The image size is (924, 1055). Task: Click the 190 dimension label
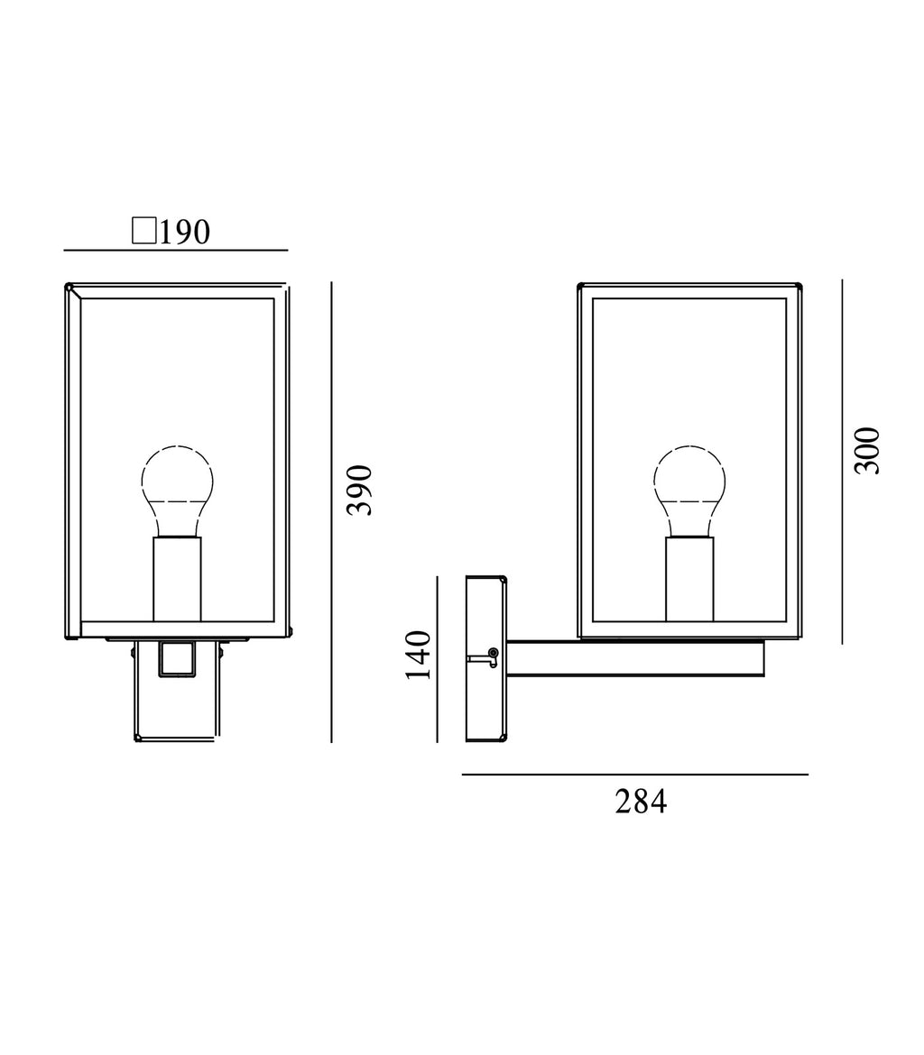[x=184, y=232]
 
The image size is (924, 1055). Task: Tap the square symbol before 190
[x=144, y=231]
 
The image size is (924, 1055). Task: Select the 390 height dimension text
[x=360, y=490]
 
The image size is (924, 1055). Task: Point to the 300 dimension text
[x=867, y=451]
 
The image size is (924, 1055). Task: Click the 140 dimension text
[x=418, y=655]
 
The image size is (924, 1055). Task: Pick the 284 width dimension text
[x=641, y=802]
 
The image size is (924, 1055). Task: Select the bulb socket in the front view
[x=177, y=578]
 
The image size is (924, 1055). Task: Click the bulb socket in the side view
[x=689, y=578]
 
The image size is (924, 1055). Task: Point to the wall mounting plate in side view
[x=485, y=658]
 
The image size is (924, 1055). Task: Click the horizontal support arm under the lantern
[x=635, y=658]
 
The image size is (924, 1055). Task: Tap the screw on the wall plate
[x=493, y=653]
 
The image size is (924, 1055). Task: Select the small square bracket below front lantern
[x=177, y=658]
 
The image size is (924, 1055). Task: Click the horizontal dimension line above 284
[x=634, y=775]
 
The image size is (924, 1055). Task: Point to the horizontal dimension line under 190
[x=176, y=250]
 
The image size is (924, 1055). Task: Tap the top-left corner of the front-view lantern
[x=69, y=288]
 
